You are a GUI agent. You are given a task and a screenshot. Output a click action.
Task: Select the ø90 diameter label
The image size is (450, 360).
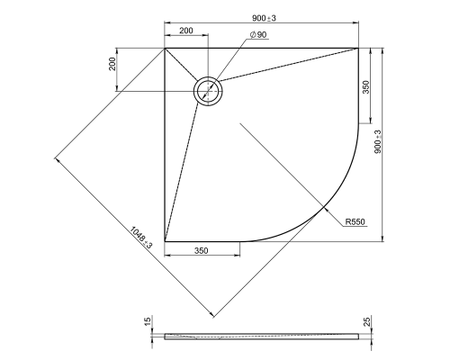pos(258,35)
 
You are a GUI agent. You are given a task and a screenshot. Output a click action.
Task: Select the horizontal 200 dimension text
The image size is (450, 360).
pos(186,30)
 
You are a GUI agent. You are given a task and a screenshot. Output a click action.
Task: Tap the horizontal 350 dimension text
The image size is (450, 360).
pos(202,251)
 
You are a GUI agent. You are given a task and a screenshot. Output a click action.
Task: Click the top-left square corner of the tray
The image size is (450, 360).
pos(165,49)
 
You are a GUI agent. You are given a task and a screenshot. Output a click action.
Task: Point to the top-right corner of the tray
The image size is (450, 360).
pos(358,49)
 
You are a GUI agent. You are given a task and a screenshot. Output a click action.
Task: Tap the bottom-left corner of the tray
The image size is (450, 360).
pos(165,242)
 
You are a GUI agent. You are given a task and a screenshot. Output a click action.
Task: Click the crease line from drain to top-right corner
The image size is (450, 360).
pos(288,68)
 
